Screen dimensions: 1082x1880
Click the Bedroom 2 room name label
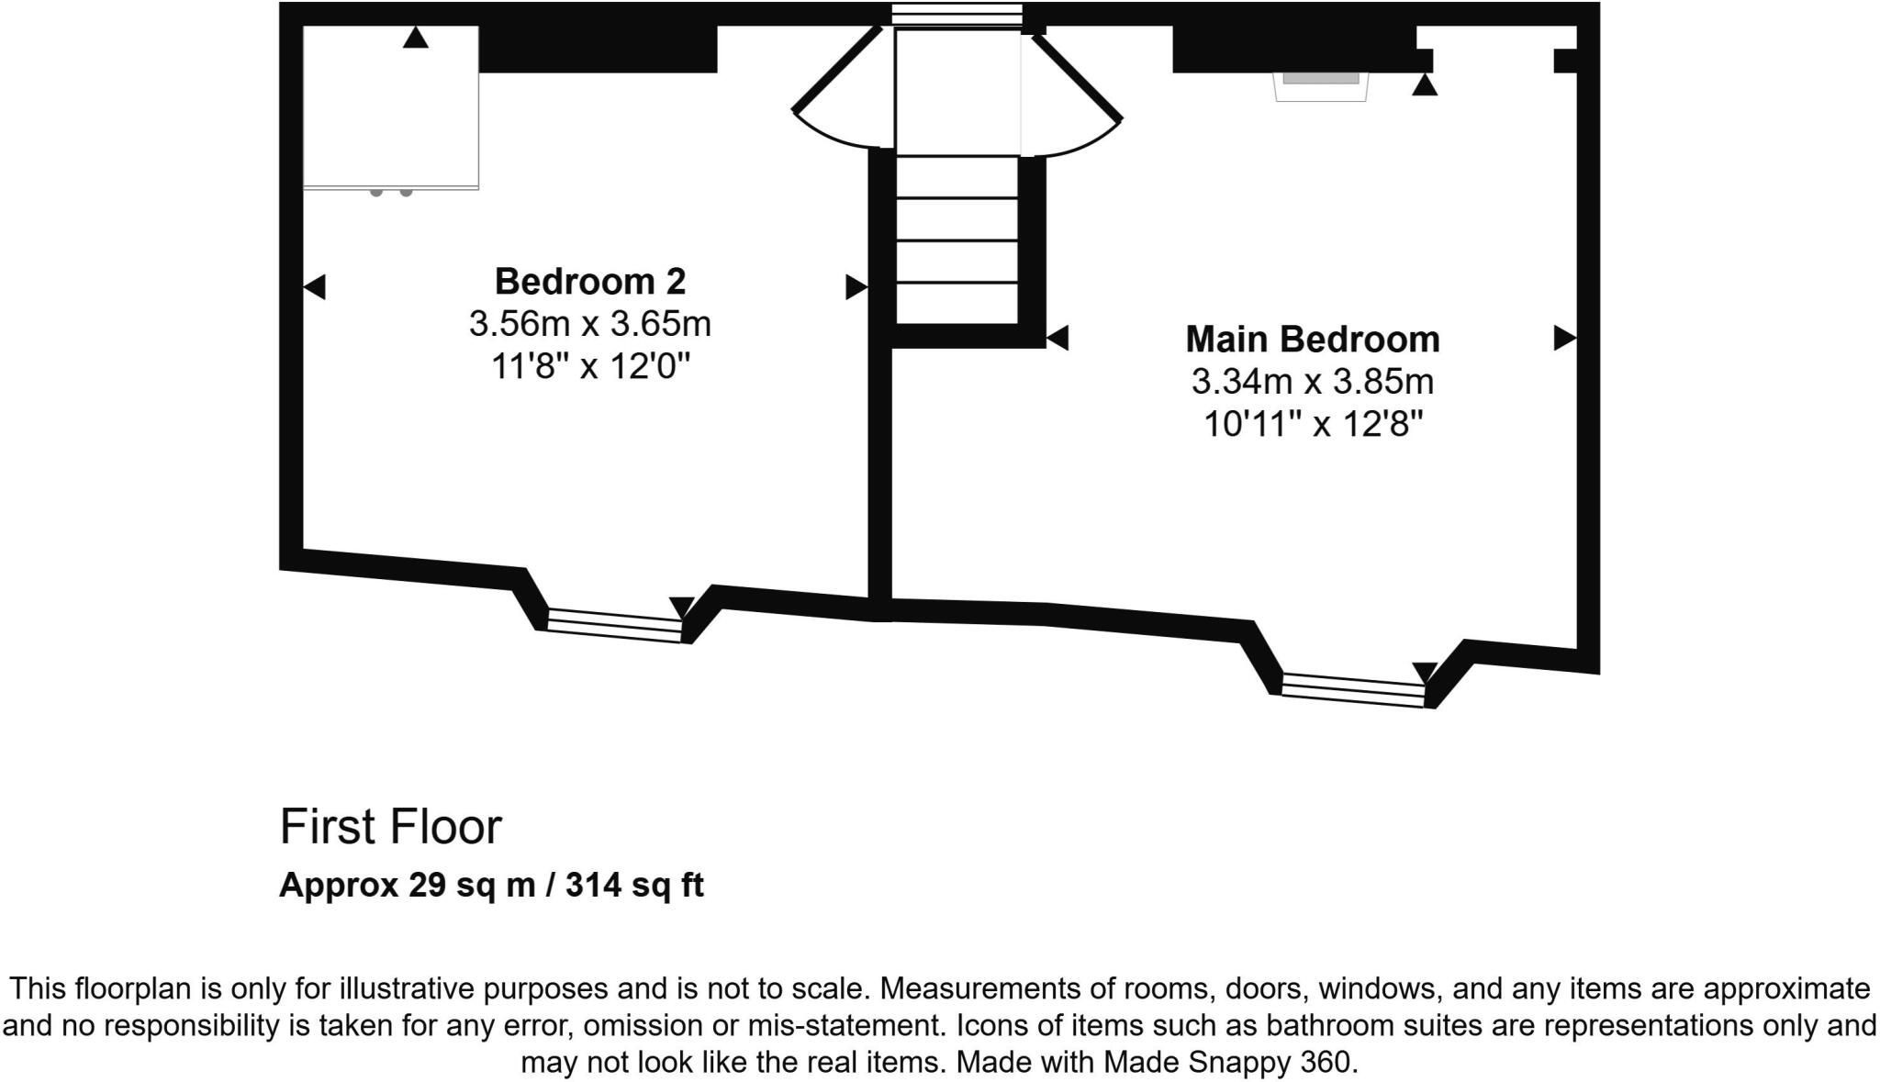[589, 281]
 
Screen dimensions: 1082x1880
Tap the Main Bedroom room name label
[1312, 339]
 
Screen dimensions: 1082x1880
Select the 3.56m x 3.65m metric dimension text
[589, 324]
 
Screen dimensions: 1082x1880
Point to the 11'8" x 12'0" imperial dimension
[589, 366]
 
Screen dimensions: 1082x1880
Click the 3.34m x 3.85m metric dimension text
[1312, 382]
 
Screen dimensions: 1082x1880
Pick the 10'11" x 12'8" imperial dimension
[1312, 424]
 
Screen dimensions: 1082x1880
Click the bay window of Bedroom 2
[614, 625]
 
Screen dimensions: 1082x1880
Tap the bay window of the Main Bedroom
[1352, 690]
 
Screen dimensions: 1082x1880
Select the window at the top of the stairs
[957, 14]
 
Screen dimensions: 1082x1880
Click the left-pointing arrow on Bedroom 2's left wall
[314, 287]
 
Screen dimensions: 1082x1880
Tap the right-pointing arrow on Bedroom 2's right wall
[856, 287]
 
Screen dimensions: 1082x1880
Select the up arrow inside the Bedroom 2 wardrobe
[416, 38]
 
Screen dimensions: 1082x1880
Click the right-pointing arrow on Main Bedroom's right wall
[1564, 338]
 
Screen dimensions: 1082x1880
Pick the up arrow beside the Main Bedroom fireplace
[1424, 85]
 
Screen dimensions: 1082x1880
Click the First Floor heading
[390, 826]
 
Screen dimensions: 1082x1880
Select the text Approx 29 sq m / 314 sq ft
[491, 885]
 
